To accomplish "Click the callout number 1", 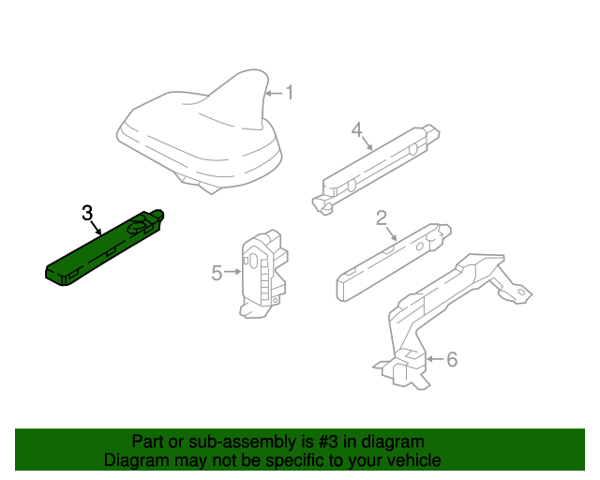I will tap(290, 93).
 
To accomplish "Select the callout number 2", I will tap(382, 218).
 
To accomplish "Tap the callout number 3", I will tap(87, 213).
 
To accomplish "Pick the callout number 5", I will tap(217, 273).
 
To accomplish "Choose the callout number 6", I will tap(451, 359).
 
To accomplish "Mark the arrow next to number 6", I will tap(433, 358).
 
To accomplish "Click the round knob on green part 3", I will tap(139, 224).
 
